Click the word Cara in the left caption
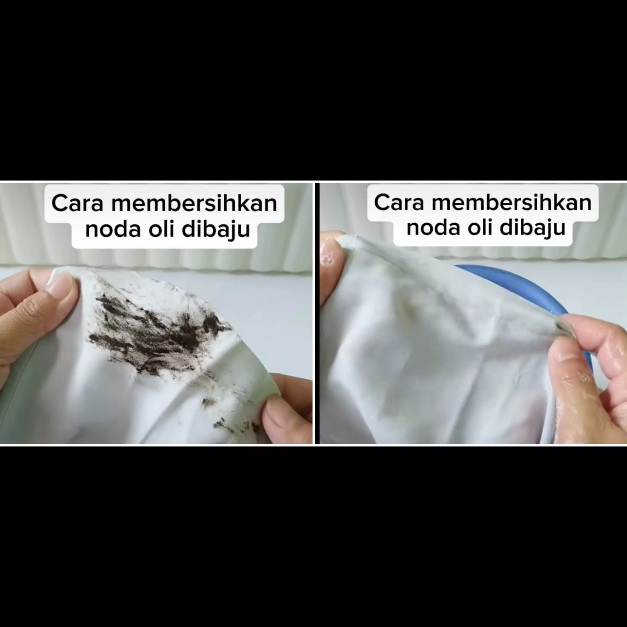77,203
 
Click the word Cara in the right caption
399,202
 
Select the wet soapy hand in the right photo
587,373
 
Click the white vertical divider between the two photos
313,313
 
